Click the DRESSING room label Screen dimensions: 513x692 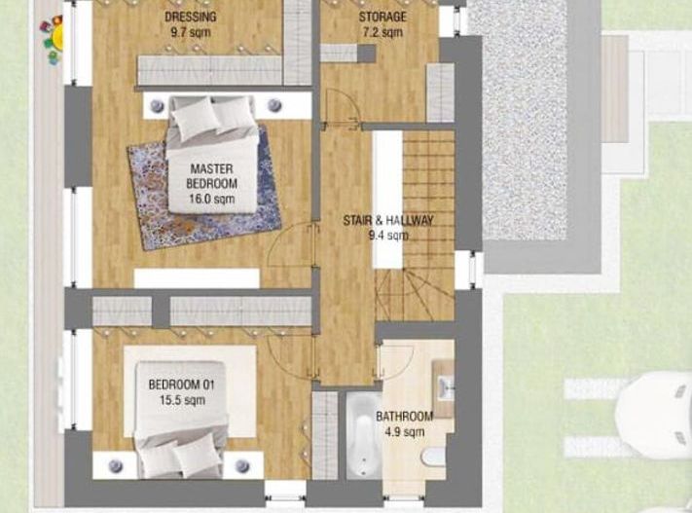click(x=191, y=18)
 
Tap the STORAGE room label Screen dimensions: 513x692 click(x=382, y=18)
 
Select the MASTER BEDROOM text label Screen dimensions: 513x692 click(x=212, y=175)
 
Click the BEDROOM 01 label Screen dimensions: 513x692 click(x=181, y=385)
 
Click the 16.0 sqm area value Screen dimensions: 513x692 click(x=212, y=199)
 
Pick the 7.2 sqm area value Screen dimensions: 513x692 click(x=382, y=33)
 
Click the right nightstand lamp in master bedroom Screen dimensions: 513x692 click(x=274, y=104)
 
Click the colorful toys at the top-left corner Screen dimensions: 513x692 click(x=52, y=36)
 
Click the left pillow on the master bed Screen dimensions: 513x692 click(x=197, y=117)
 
